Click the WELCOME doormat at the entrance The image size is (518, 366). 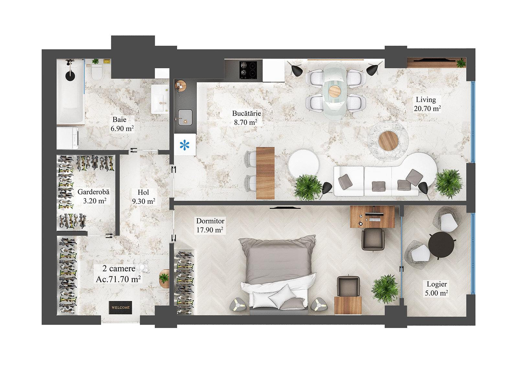click(120, 307)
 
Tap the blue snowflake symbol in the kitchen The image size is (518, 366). click(185, 145)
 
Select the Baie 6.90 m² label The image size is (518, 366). click(122, 124)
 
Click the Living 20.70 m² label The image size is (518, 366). click(427, 104)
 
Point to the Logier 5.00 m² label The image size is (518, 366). click(436, 289)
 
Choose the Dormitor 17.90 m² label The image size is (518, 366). click(210, 226)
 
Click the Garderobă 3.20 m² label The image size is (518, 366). click(94, 196)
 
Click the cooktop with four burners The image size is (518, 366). click(248, 70)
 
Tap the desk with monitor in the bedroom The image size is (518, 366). click(372, 216)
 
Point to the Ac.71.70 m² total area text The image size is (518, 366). click(118, 279)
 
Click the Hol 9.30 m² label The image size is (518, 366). click(143, 197)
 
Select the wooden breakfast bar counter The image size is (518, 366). click(265, 173)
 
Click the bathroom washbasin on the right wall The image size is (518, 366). click(160, 99)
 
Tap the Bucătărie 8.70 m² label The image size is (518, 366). click(246, 118)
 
